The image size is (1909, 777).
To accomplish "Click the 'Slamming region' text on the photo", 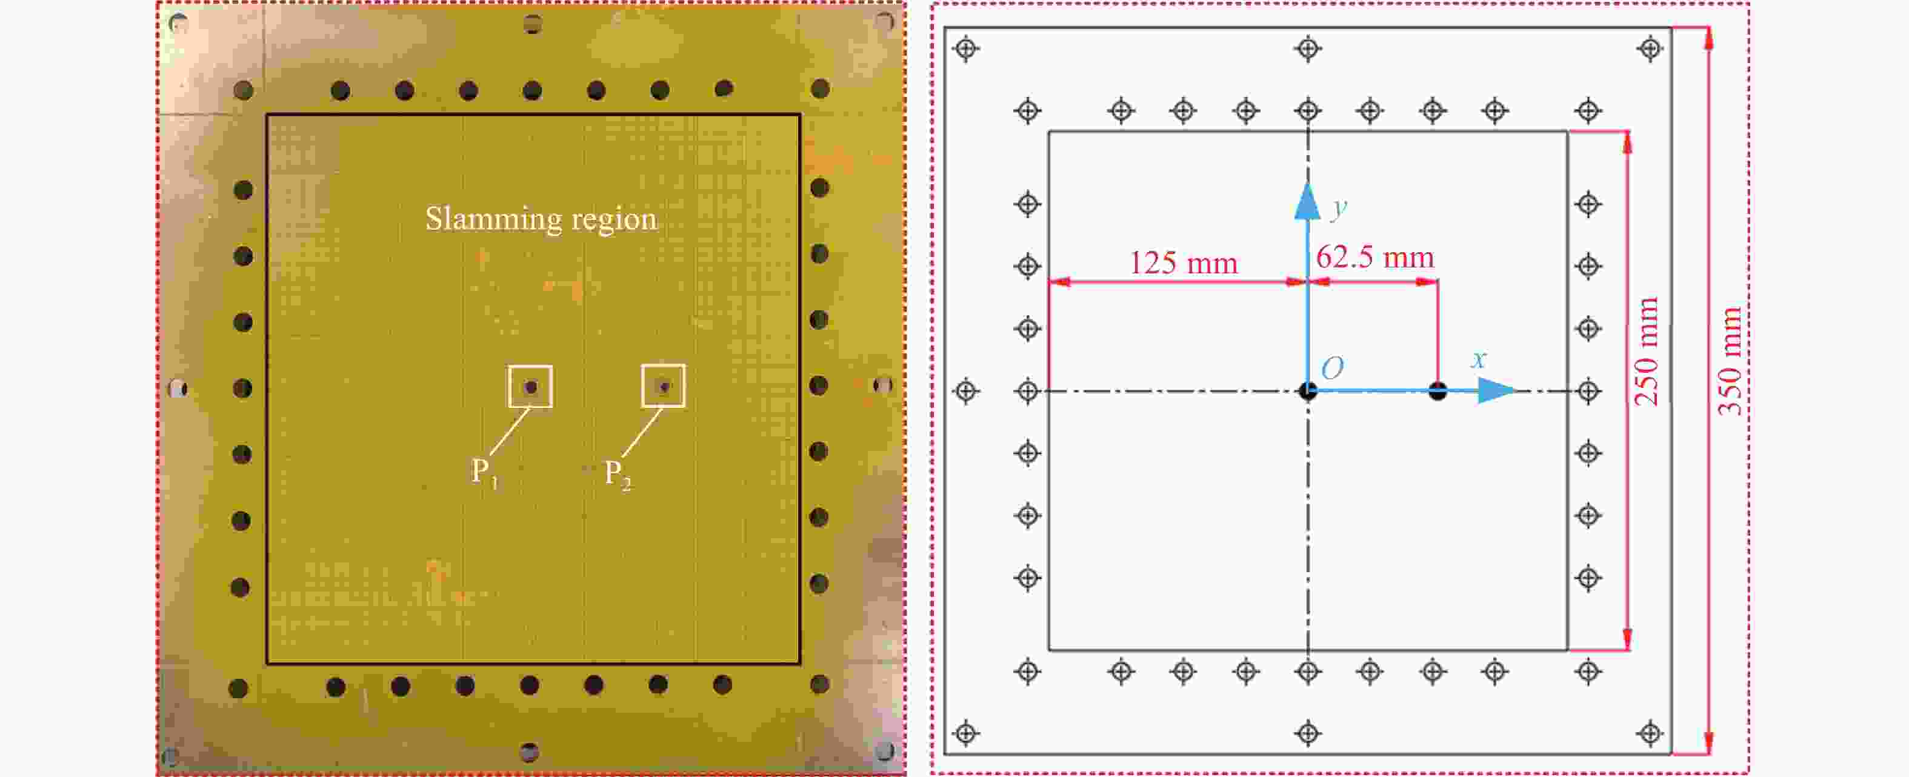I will point(541,219).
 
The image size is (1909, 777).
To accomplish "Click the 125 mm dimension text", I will point(1183,263).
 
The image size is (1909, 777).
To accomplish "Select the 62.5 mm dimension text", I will point(1374,257).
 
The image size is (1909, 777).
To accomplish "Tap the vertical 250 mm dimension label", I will point(1646,352).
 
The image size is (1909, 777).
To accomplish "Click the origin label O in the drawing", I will point(1331,368).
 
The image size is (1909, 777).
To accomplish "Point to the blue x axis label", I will point(1479,359).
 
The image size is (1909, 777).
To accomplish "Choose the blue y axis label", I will point(1338,208).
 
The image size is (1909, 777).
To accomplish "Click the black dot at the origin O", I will point(1308,391).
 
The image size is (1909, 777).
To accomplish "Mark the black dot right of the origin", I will point(1438,391).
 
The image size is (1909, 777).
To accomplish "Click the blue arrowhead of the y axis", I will point(1307,202).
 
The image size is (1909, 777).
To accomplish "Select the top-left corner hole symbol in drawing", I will point(965,49).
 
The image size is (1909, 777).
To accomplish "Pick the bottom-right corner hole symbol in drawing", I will point(1650,734).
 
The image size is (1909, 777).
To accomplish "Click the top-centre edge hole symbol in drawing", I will point(1308,49).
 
